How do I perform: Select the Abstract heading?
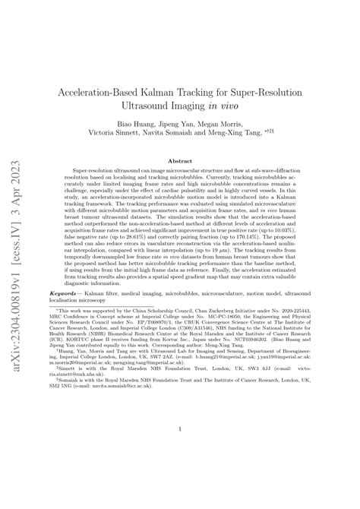tap(179, 162)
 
